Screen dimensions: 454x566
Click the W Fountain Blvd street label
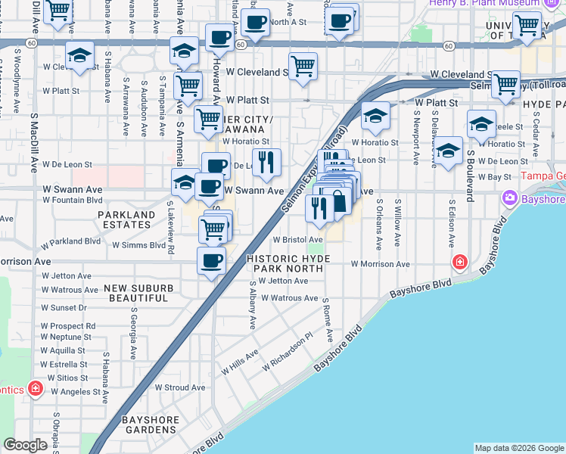72,201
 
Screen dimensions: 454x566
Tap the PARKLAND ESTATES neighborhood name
126,220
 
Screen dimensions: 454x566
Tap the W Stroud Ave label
180,387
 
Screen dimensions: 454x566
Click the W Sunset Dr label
64,308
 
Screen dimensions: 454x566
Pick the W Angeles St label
76,392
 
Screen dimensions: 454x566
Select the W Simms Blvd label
138,245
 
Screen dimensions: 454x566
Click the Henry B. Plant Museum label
484,3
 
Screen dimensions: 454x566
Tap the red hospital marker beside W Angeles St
35,389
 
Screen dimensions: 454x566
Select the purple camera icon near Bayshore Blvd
509,198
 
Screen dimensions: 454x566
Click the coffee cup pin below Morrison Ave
211,260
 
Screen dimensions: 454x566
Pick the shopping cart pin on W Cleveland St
303,65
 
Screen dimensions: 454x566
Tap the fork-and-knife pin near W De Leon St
266,161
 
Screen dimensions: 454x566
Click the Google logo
26,446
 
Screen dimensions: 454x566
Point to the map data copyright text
518,448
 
